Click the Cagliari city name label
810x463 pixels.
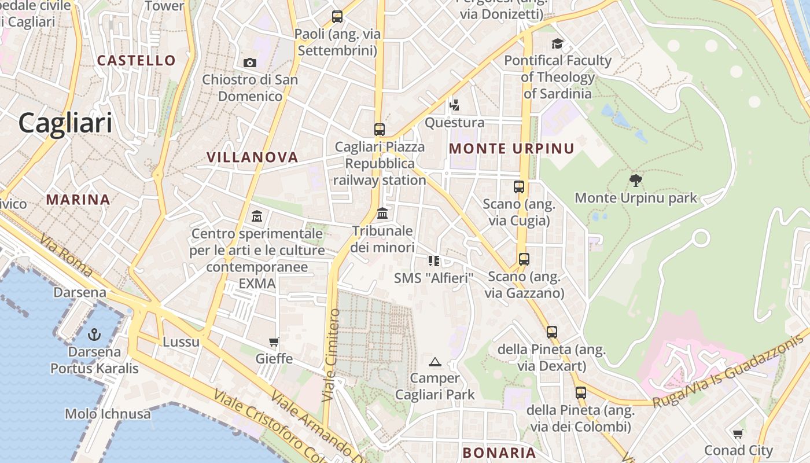pyautogui.click(x=65, y=123)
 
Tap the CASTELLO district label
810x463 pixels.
pyautogui.click(x=137, y=60)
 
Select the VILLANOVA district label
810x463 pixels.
pyautogui.click(x=252, y=157)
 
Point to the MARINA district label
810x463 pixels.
pyautogui.click(x=78, y=200)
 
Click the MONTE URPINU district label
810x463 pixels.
pyautogui.click(x=512, y=149)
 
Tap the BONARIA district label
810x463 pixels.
pyautogui.click(x=499, y=453)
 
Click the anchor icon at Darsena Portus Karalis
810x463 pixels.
pyautogui.click(x=94, y=334)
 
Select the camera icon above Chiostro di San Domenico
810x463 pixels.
pyautogui.click(x=250, y=63)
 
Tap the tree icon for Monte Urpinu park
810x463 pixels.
pyautogui.click(x=636, y=181)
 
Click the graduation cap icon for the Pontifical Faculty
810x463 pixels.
pyautogui.click(x=557, y=43)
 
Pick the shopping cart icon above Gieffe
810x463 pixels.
pyautogui.click(x=274, y=342)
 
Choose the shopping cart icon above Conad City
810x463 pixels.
pyautogui.click(x=738, y=433)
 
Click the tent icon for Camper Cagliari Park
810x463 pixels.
pyautogui.click(x=435, y=362)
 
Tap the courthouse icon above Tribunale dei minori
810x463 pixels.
pyautogui.click(x=382, y=214)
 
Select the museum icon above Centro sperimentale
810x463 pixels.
pyautogui.click(x=257, y=216)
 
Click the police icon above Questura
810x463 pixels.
pyautogui.click(x=455, y=105)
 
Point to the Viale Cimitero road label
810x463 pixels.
pyautogui.click(x=331, y=355)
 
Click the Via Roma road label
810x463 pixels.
pyautogui.click(x=67, y=255)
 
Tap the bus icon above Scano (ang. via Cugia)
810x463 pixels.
pyautogui.click(x=519, y=187)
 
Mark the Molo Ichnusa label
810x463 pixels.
pyautogui.click(x=108, y=414)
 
